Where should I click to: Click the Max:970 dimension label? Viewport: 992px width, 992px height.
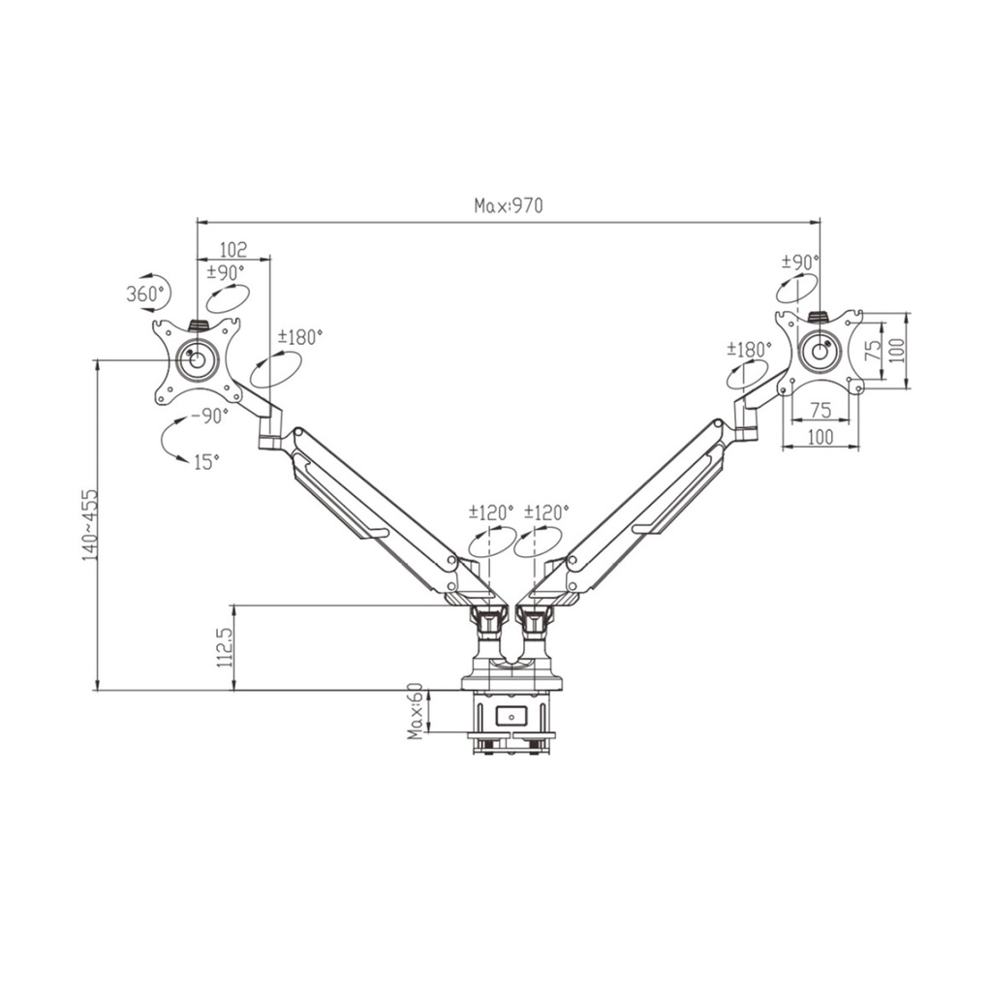coord(509,205)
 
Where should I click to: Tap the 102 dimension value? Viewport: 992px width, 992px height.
coord(233,249)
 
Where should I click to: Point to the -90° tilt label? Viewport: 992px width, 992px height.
coord(209,416)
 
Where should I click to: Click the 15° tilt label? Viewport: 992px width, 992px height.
coord(206,462)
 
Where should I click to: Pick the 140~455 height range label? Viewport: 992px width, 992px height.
coord(89,524)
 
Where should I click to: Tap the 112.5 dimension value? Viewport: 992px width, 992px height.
coord(225,648)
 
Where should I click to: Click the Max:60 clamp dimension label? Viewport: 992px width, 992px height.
coord(415,711)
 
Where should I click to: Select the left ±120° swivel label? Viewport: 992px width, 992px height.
coord(491,511)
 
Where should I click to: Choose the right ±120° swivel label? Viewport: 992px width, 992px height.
coord(547,511)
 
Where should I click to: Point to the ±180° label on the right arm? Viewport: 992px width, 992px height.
coord(750,348)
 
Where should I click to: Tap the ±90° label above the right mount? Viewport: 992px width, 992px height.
coord(800,262)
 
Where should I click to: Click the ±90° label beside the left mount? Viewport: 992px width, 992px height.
coord(226,272)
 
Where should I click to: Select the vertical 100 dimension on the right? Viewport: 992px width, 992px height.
coord(897,350)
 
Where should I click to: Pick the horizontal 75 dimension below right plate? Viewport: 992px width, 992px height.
coord(821,410)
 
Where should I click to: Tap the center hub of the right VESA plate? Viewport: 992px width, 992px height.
coord(820,349)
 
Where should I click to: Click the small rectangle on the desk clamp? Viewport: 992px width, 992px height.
coord(511,716)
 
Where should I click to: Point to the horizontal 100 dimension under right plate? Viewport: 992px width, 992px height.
coord(821,437)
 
